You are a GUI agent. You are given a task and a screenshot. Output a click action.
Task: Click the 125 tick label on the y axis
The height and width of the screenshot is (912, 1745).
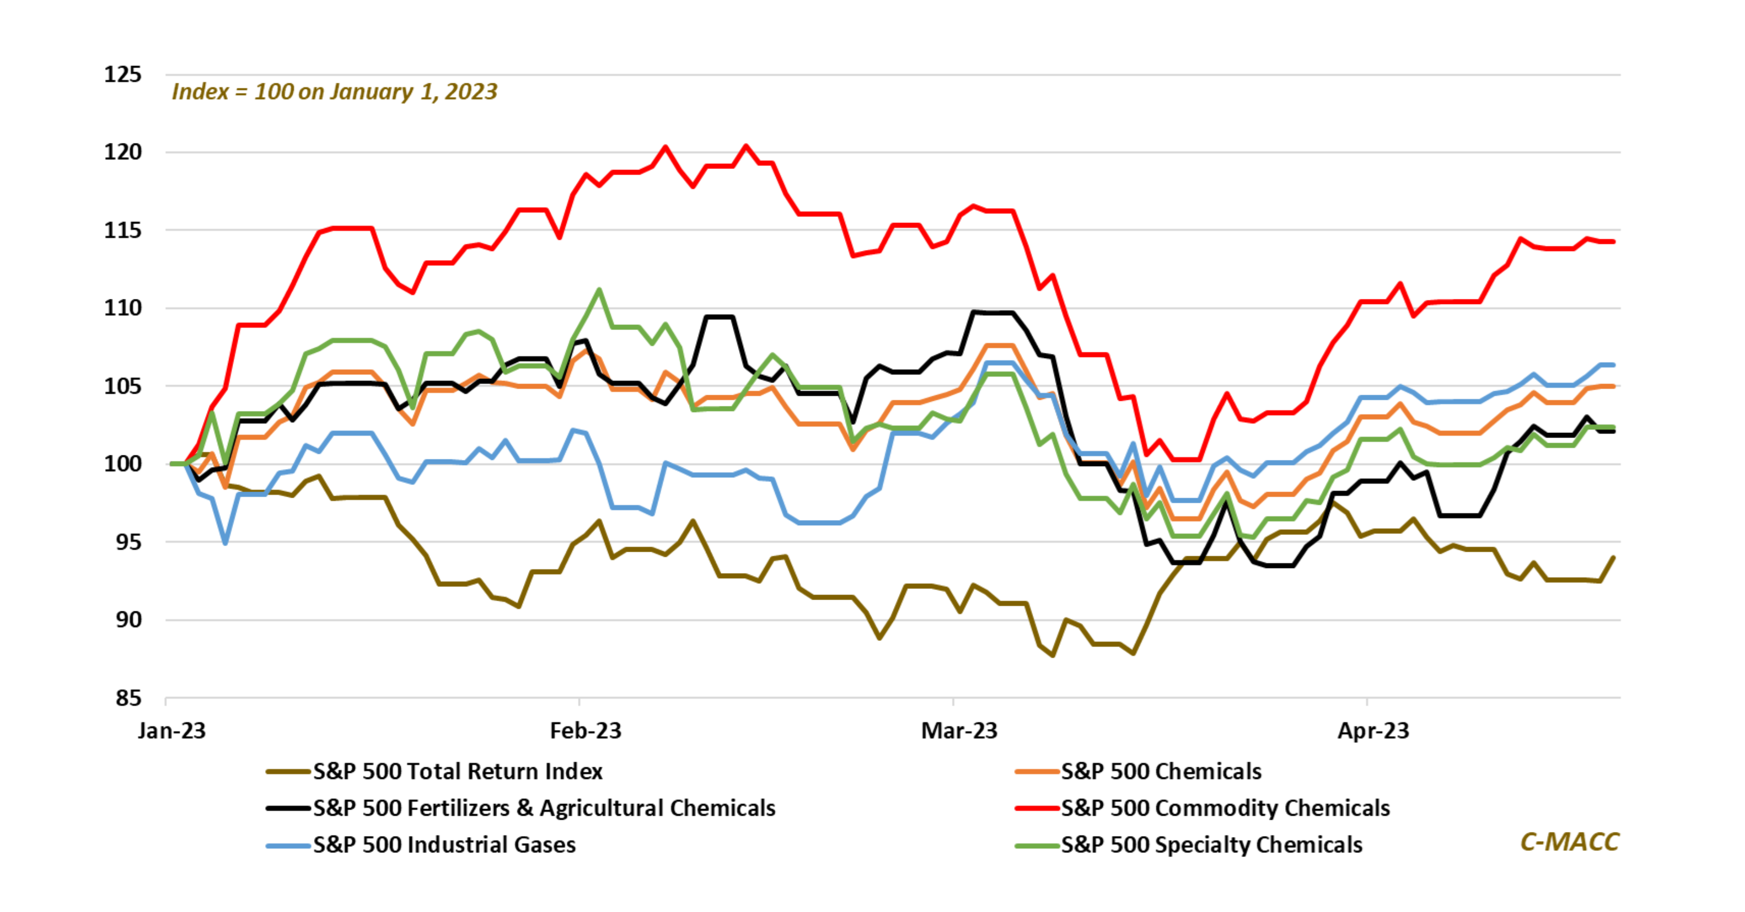[x=122, y=74]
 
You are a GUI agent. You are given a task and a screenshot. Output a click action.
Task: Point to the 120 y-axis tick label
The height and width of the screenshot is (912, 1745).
[x=122, y=152]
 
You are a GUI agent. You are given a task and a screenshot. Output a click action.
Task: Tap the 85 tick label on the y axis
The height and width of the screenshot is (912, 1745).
[x=128, y=698]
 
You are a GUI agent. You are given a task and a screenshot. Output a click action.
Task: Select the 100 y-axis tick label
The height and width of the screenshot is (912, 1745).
[x=122, y=464]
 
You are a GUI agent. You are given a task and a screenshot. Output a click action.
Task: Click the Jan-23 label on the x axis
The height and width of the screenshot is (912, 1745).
[x=171, y=730]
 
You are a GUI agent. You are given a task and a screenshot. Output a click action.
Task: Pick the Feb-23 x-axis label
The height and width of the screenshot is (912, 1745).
[x=585, y=730]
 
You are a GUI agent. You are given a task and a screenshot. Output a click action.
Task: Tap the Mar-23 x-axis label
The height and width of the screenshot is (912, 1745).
[x=959, y=730]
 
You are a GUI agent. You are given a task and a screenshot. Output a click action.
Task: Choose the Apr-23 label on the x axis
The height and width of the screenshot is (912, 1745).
[x=1373, y=730]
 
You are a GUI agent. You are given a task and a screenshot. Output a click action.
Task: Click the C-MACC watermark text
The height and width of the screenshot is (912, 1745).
[x=1569, y=842]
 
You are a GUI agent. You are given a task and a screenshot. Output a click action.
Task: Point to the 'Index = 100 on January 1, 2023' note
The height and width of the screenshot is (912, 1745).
[x=335, y=91]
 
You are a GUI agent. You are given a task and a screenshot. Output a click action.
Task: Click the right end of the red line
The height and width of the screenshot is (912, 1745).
[x=1614, y=241]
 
